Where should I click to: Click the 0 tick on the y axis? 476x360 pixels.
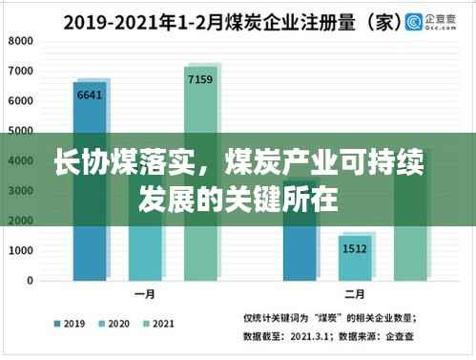coord(31,281)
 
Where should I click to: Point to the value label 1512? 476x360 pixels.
coord(356,248)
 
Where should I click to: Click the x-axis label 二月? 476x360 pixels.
coord(356,296)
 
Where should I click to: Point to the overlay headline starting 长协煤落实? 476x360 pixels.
coord(238,172)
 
